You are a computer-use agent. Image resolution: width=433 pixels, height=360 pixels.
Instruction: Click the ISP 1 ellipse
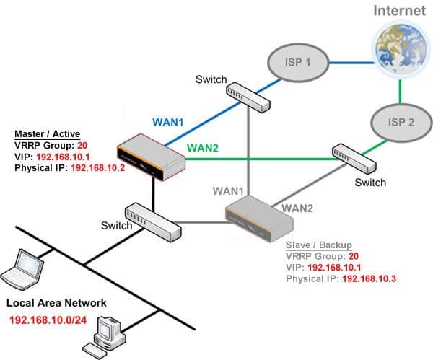[298, 63]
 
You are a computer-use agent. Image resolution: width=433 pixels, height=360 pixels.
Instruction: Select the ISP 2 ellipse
[401, 123]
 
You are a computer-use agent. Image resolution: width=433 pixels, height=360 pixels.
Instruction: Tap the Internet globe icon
[401, 50]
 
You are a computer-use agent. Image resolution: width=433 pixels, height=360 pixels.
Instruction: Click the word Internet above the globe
[399, 11]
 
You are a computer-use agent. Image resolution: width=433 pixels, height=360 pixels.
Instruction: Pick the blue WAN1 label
[168, 122]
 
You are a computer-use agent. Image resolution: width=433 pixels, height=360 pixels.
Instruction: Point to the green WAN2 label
[203, 148]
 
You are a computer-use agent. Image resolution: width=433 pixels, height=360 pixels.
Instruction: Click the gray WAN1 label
[228, 191]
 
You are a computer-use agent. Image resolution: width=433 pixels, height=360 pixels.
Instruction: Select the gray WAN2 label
[297, 208]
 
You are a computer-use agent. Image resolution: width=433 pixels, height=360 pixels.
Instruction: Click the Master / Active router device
[151, 157]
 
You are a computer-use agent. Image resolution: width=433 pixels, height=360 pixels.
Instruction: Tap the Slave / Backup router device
[259, 219]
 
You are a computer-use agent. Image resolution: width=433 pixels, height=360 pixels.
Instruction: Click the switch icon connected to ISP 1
[248, 97]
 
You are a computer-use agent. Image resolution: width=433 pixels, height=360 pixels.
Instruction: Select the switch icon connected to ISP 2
[354, 159]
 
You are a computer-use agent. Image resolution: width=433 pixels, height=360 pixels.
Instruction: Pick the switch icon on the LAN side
[153, 222]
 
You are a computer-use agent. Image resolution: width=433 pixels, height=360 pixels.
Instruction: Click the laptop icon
[22, 269]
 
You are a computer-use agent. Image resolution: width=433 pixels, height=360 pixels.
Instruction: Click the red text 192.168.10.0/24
[48, 320]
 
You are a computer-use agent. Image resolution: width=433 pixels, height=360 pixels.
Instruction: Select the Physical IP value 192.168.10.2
[98, 168]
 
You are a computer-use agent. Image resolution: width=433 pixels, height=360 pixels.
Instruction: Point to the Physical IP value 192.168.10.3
[369, 278]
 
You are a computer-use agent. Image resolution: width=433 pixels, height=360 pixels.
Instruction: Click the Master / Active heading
[47, 134]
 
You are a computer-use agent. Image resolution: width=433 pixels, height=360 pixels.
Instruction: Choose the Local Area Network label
[56, 303]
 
